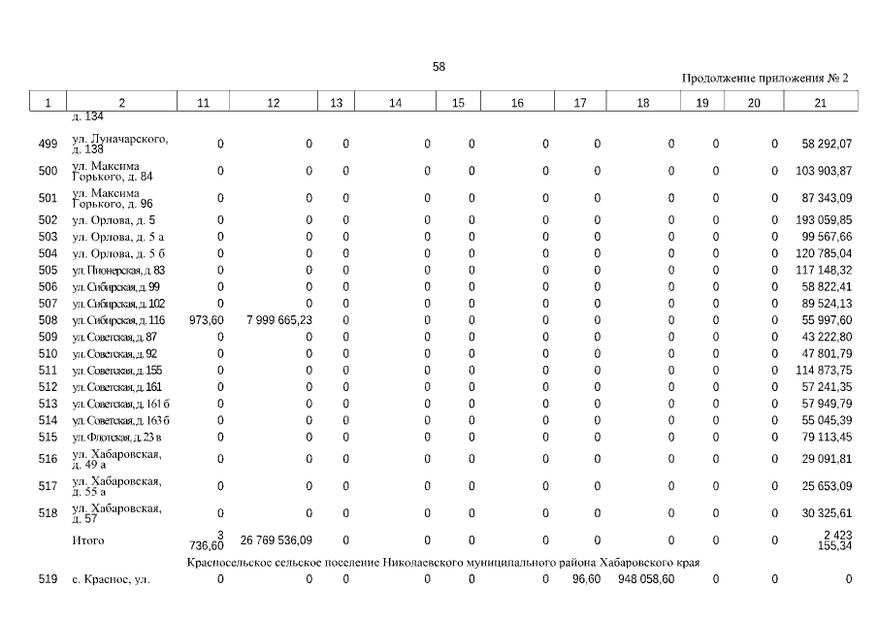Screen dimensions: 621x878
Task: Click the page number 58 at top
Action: tap(439, 67)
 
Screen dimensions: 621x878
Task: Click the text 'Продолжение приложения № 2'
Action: tap(765, 79)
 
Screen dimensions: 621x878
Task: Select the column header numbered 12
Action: tap(273, 103)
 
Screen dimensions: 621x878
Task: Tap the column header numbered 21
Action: tap(821, 103)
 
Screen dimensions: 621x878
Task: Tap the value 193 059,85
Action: tap(821, 220)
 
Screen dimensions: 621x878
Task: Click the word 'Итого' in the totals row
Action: tap(88, 540)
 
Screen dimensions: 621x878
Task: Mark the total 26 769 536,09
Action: tap(276, 540)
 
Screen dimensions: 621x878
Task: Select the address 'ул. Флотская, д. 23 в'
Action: tap(116, 438)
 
